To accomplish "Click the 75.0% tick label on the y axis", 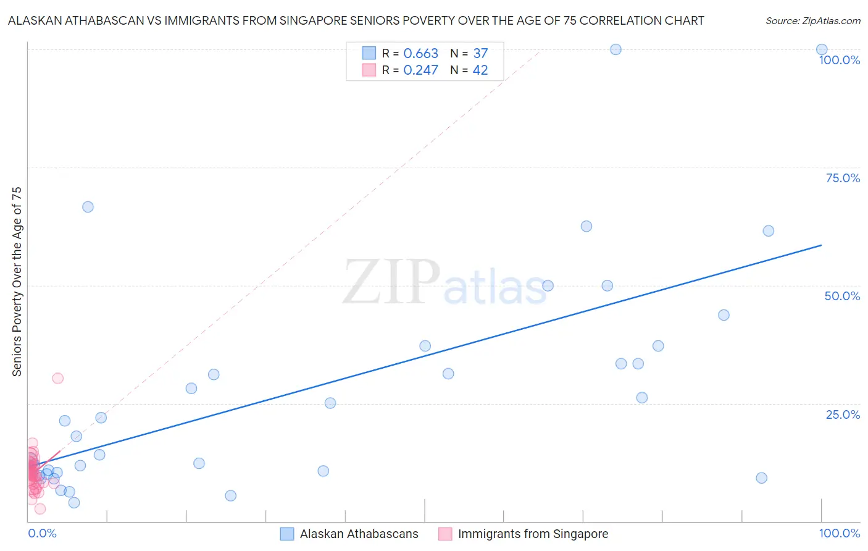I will pyautogui.click(x=842, y=178).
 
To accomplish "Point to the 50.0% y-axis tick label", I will pyautogui.click(x=842, y=296).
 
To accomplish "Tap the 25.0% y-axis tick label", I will pyautogui.click(x=842, y=414).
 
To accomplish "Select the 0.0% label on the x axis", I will pyautogui.click(x=42, y=533).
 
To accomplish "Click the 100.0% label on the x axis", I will pyautogui.click(x=839, y=533).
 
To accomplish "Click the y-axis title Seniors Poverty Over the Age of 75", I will pyautogui.click(x=17, y=281).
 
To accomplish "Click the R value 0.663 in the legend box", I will pyautogui.click(x=420, y=54).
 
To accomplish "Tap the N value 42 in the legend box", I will pyautogui.click(x=480, y=70).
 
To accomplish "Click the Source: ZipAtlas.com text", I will pyautogui.click(x=812, y=21).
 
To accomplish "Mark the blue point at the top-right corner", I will pyautogui.click(x=822, y=50).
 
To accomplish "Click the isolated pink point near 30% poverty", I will pyautogui.click(x=57, y=378).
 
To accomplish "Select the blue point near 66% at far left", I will pyautogui.click(x=88, y=207).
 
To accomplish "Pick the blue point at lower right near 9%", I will pyautogui.click(x=761, y=478).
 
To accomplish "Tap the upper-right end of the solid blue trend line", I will pyautogui.click(x=821, y=245).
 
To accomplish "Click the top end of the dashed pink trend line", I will pyautogui.click(x=540, y=51).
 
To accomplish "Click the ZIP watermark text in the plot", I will pyautogui.click(x=391, y=283).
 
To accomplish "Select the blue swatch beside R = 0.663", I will pyautogui.click(x=369, y=53).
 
